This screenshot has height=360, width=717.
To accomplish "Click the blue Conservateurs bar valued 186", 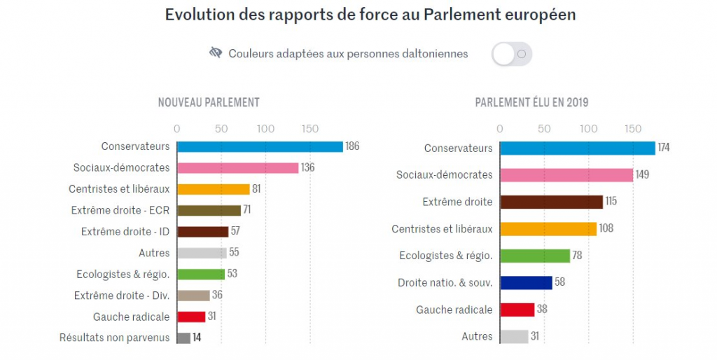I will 260,146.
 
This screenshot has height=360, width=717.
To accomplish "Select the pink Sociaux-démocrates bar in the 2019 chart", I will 566,175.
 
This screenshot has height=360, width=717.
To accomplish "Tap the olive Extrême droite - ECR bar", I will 209,210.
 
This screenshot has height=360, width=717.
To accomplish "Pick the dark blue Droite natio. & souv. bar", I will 526,283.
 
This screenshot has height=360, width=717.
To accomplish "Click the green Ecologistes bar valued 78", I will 535,256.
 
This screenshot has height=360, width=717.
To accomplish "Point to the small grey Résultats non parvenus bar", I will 183,338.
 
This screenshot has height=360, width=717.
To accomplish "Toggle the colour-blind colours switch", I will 512,54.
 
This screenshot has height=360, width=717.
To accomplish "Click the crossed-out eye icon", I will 216,53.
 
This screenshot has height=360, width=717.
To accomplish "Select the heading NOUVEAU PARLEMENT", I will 209,102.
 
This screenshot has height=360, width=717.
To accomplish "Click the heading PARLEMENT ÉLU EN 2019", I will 532,102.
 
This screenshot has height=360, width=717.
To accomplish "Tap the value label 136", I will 308,168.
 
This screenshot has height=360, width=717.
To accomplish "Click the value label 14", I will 197,338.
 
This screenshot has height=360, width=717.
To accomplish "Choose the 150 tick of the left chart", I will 310,129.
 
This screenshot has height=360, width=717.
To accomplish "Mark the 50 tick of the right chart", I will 544,129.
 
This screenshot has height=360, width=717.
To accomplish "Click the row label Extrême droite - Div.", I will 122,296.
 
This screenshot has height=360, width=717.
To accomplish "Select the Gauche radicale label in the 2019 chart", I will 454,310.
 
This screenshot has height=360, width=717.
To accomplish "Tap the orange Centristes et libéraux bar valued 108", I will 548,229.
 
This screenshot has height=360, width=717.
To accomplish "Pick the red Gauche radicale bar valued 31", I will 191,317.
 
